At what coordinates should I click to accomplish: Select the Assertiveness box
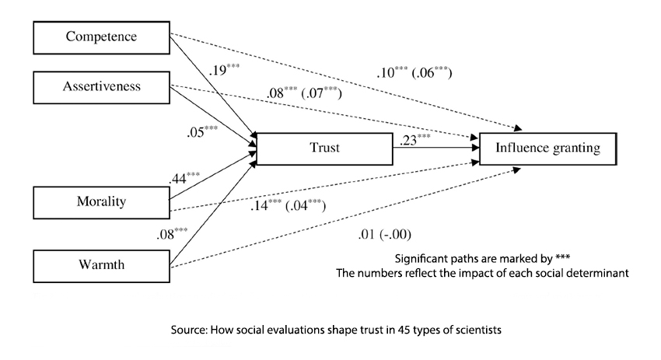click(x=99, y=86)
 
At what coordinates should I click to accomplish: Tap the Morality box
click(x=99, y=202)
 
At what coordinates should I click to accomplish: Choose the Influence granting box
click(x=549, y=147)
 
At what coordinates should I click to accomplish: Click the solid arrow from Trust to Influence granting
click(x=435, y=148)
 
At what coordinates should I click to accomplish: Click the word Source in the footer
click(x=189, y=330)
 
